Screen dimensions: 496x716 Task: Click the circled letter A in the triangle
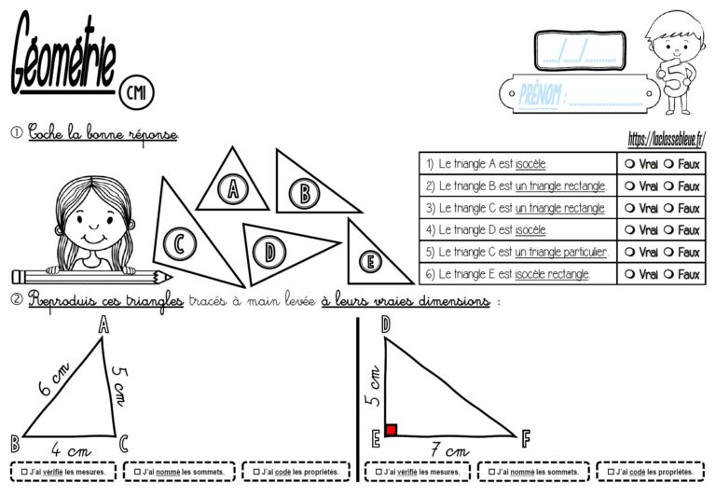pos(230,190)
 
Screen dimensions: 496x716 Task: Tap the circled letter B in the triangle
pos(302,194)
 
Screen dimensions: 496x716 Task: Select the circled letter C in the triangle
pos(176,244)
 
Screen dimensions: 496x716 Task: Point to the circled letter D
pos(270,251)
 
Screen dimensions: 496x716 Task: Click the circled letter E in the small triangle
pos(370,262)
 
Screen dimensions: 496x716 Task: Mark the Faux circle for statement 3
pos(671,208)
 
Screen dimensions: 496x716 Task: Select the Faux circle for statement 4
pos(671,230)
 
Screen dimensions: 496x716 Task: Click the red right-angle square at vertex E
pos(392,430)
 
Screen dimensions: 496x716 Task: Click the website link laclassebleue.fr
pos(666,137)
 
